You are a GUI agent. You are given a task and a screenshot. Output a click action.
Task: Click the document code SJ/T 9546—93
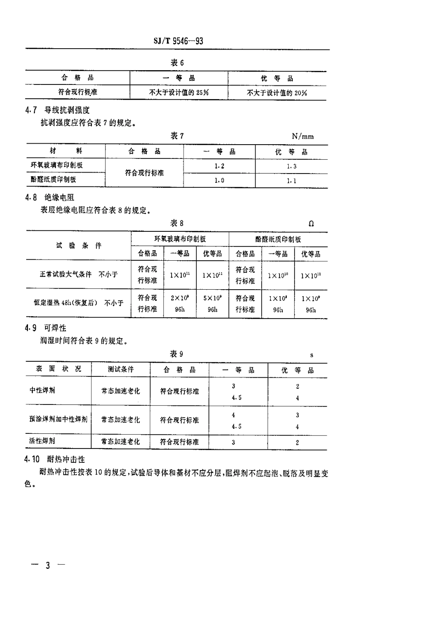(178, 41)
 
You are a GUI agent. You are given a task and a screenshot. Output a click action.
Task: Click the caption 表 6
(177, 63)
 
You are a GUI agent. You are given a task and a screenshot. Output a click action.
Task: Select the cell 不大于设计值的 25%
(179, 92)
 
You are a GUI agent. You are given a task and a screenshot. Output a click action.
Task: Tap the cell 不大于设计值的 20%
(277, 93)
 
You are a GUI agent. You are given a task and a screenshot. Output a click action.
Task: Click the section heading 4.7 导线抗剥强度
(57, 110)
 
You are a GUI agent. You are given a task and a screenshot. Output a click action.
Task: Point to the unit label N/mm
(303, 136)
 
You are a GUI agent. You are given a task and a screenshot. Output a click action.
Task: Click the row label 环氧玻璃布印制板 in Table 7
(56, 165)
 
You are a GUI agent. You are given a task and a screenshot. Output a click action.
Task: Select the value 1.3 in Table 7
(291, 166)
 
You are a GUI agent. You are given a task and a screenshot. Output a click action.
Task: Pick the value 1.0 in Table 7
(219, 180)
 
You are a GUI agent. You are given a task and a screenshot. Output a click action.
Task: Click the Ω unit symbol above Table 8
(312, 224)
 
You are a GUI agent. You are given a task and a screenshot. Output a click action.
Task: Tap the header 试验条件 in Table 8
(78, 246)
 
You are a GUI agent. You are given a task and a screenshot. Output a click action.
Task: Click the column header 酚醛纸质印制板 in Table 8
(278, 239)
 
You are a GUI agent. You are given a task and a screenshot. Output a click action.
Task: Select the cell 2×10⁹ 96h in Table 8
(180, 303)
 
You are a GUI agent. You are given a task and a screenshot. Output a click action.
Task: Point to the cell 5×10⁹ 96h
(212, 303)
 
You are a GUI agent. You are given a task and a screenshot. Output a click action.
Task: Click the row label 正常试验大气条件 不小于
(78, 275)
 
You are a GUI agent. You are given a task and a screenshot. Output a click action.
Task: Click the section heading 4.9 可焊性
(46, 328)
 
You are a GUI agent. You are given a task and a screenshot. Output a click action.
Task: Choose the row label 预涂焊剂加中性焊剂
(58, 420)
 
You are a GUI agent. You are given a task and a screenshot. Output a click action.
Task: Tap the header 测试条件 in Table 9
(121, 370)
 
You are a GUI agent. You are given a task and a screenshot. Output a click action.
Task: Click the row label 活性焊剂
(42, 441)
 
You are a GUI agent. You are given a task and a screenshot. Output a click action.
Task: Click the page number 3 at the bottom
(48, 565)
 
